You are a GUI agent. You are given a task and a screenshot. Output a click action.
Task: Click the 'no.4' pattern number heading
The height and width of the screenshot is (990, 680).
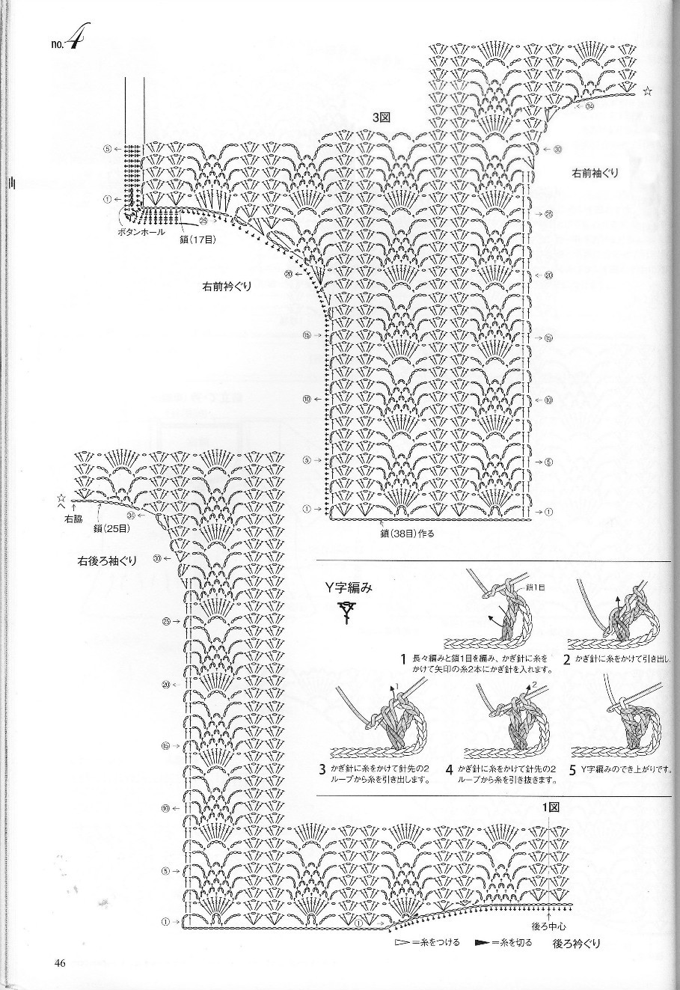coord(67,43)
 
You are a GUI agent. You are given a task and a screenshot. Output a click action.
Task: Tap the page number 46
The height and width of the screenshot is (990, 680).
coord(60,962)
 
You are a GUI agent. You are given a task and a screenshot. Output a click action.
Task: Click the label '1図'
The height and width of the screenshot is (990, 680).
coord(551,807)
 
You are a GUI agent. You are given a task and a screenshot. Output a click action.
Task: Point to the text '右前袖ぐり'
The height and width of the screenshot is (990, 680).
coord(595,174)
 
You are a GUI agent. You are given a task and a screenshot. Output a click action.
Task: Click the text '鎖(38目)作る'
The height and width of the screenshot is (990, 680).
coord(406,534)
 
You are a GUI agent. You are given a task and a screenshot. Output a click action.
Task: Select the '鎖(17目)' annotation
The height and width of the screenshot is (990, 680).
coord(197,239)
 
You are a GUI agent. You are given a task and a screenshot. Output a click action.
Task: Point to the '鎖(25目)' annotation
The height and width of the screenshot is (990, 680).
coord(112,528)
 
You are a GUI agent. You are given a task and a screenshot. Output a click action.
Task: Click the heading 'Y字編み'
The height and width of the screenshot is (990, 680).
coord(348,588)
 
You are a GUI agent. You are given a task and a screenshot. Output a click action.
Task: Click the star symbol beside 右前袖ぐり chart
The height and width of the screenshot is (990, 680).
coord(647,92)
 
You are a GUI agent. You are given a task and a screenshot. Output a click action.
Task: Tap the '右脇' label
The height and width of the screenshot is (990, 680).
coord(73,519)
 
